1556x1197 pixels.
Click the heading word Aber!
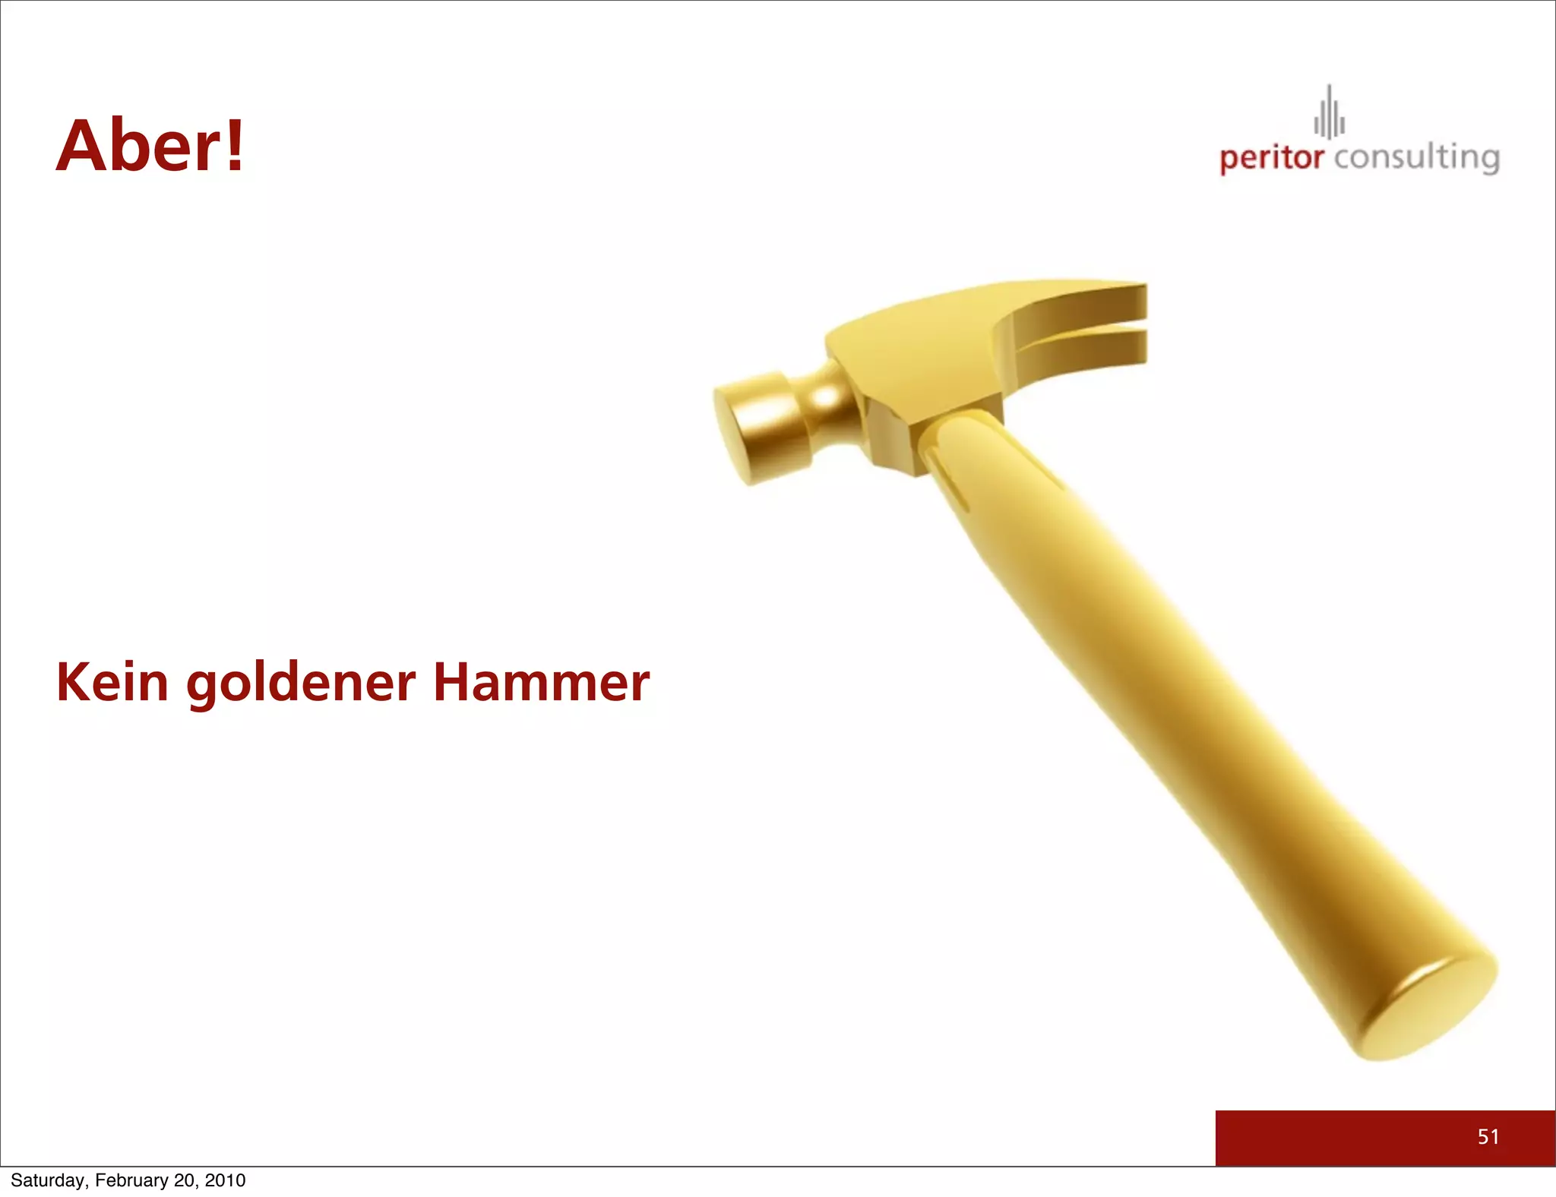coord(150,146)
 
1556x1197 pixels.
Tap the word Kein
coord(112,681)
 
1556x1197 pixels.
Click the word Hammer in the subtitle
coord(541,681)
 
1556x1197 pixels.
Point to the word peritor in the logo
coord(1271,158)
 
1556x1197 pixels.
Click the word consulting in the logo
coord(1416,158)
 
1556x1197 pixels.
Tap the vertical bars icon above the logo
coord(1330,114)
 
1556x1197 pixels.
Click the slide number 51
coord(1488,1137)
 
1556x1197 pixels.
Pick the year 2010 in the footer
coord(225,1180)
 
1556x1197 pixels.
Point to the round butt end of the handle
coord(1425,1006)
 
